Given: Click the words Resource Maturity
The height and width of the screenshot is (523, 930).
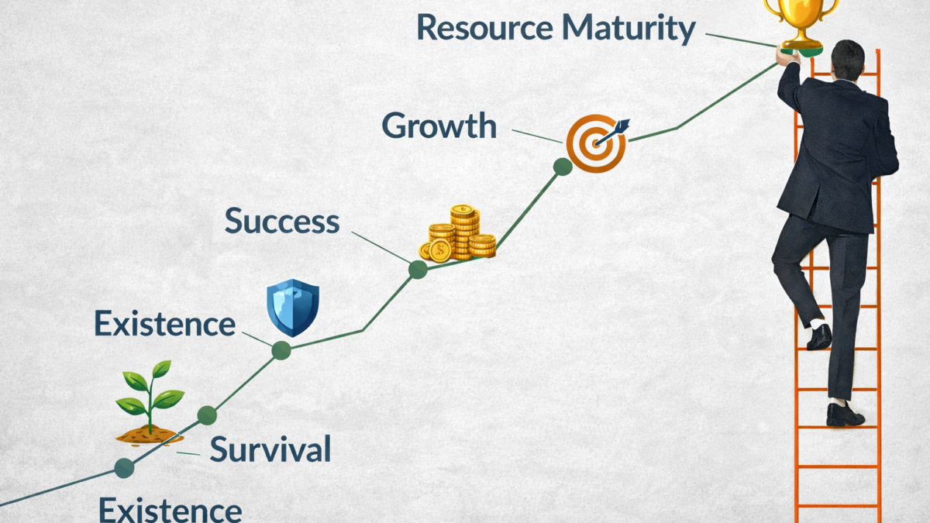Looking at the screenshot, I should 556,28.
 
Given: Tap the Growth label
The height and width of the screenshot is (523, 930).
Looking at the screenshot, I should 439,126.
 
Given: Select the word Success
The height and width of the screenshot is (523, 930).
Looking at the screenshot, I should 282,222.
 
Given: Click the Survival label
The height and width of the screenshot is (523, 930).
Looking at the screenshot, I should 270,449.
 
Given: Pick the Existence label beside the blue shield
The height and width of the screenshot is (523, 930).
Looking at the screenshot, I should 164,323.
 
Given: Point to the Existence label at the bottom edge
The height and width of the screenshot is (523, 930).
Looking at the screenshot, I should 170,510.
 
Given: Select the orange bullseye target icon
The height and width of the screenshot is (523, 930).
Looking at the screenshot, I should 595,143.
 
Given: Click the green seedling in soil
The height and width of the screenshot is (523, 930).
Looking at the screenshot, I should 150,403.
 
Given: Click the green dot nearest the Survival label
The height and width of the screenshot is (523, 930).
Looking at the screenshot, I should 206,415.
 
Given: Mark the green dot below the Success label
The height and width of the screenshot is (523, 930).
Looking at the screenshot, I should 418,269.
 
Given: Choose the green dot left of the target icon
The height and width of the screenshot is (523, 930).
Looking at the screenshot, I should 563,166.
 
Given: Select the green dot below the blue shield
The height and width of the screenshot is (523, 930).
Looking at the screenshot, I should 281,350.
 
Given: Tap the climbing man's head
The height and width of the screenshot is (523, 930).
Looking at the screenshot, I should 847,59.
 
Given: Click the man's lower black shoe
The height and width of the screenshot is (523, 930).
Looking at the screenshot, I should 843,415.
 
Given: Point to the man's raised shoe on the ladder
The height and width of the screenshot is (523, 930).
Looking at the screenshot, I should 819,337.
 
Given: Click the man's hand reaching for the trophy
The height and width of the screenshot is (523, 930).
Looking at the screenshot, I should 787,57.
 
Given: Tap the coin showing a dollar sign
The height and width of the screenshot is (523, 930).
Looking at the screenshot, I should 440,250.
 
